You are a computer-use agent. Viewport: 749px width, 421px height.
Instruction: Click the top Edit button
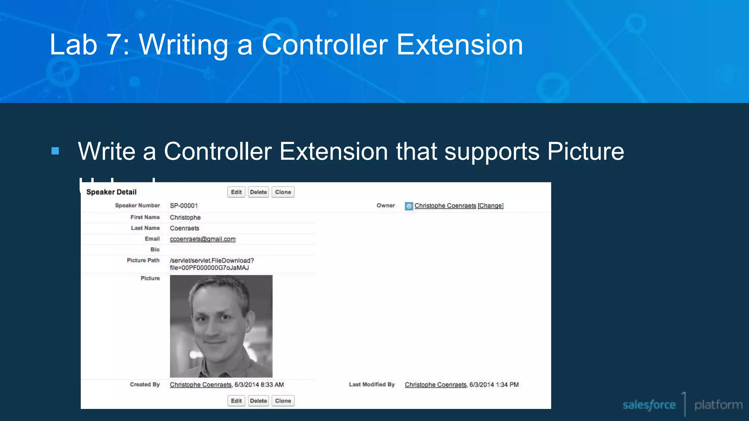point(236,192)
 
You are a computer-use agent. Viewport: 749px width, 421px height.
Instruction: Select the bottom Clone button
point(283,401)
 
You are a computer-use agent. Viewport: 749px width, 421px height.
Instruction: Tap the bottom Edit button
point(236,401)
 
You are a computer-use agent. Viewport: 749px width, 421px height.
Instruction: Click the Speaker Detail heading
point(111,192)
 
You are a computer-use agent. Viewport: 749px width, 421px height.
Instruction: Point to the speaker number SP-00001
point(184,206)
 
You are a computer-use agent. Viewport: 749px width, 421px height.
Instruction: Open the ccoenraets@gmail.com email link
point(203,239)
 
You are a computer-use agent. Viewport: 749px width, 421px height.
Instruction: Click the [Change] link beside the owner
point(490,206)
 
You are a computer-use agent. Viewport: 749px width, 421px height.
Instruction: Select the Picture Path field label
point(143,260)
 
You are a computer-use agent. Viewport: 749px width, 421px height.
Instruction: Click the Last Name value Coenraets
point(184,228)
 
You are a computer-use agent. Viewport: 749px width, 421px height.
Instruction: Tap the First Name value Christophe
point(185,217)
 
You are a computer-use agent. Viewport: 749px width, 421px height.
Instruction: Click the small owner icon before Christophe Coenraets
point(409,206)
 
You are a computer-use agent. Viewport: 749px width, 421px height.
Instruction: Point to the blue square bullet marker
point(55,151)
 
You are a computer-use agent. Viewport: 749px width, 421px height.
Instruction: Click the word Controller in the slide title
point(324,45)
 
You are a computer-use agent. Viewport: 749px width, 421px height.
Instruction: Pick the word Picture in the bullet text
point(586,151)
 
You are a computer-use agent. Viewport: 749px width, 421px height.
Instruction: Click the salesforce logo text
point(649,405)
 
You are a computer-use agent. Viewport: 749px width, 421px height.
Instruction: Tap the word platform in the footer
point(718,405)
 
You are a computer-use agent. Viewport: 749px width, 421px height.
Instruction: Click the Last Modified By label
point(372,384)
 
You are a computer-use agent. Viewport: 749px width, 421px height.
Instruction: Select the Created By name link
point(200,385)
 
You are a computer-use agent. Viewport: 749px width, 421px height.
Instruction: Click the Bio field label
point(155,250)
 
